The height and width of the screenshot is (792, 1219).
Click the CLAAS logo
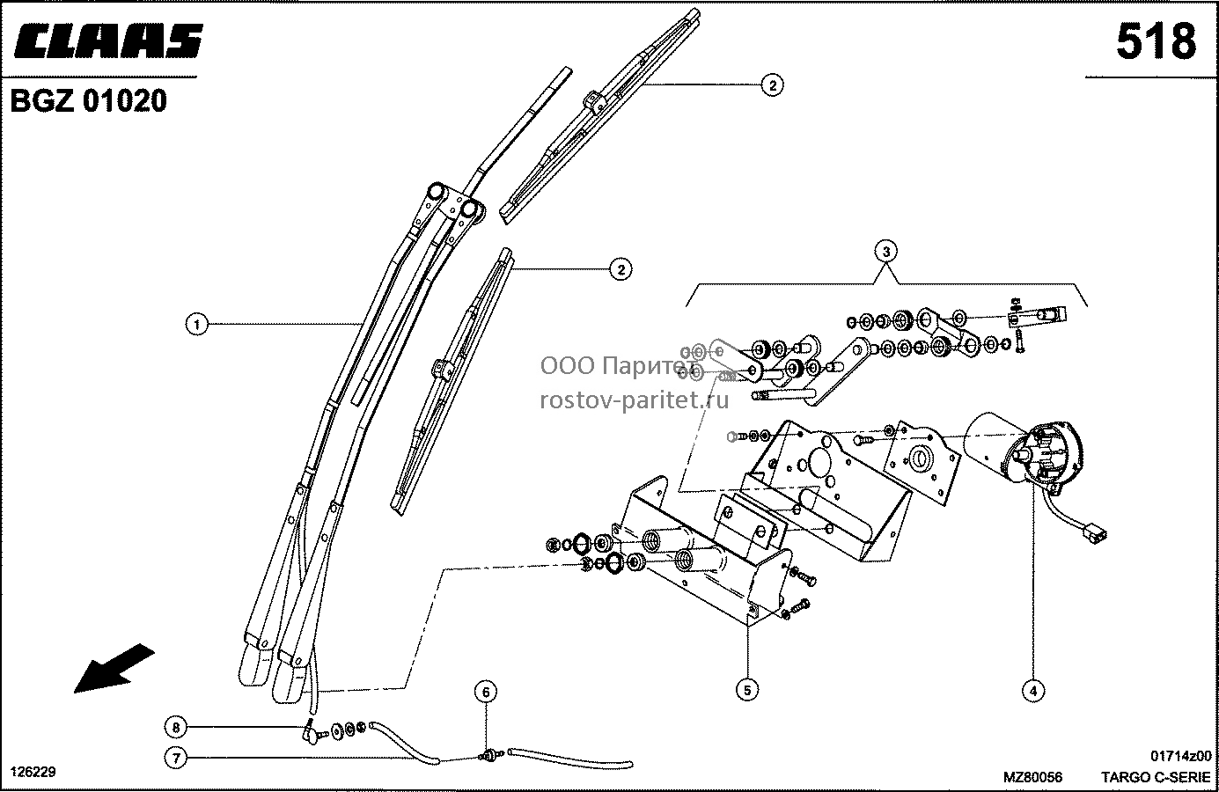coord(108,40)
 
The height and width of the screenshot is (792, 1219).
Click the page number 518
coord(1157,41)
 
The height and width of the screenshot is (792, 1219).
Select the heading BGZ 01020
coord(89,101)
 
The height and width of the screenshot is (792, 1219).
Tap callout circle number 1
coord(197,325)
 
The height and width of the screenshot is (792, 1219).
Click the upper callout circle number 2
coord(773,84)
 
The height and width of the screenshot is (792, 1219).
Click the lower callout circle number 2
coord(621,269)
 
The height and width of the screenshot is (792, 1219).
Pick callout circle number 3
coord(886,252)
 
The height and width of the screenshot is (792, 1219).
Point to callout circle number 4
coord(1033,692)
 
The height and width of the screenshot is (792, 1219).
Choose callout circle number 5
coord(747,690)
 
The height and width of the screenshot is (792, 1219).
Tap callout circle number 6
coord(486,692)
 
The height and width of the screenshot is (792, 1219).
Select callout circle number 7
coord(176,758)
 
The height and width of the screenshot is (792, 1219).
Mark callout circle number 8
coord(176,727)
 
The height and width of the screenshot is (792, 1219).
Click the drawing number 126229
coord(33,773)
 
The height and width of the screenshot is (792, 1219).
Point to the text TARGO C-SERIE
coord(1156,777)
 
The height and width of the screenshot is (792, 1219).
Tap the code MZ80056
coord(1033,777)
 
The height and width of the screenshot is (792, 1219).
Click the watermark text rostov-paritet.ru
coord(634,401)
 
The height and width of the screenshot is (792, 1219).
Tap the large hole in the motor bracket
coord(818,462)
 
